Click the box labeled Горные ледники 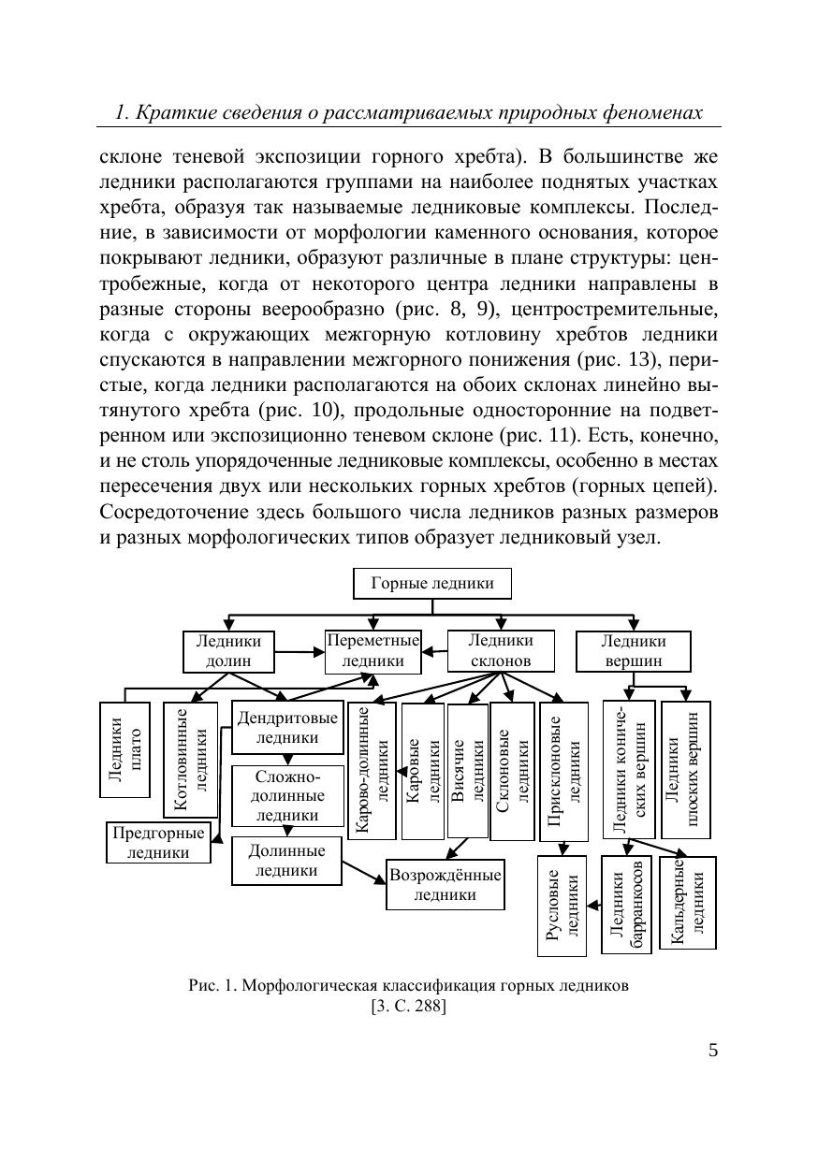pyautogui.click(x=431, y=584)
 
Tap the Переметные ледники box pyautogui.click(x=372, y=651)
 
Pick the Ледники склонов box pyautogui.click(x=500, y=651)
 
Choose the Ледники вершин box pyautogui.click(x=633, y=651)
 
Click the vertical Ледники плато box pyautogui.click(x=124, y=749)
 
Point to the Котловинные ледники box pyautogui.click(x=190, y=759)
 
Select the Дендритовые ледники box pyautogui.click(x=286, y=728)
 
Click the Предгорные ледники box pyautogui.click(x=157, y=842)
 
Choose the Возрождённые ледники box pyautogui.click(x=445, y=885)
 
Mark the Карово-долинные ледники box pyautogui.click(x=372, y=771)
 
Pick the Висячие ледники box pyautogui.click(x=467, y=771)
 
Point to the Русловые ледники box pyautogui.click(x=562, y=906)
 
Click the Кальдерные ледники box pyautogui.click(x=688, y=902)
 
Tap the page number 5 pyautogui.click(x=713, y=1050)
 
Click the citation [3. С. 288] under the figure pyautogui.click(x=408, y=1007)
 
